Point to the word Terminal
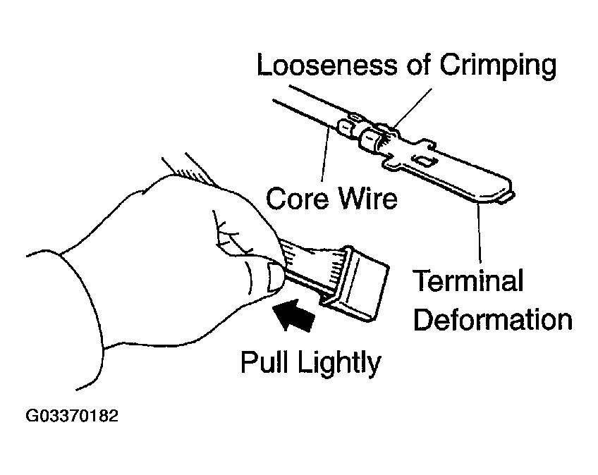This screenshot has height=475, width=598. point(468,281)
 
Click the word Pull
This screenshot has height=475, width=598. point(267,362)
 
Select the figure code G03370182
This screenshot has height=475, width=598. point(73,416)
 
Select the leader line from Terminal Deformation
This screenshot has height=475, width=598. point(480,233)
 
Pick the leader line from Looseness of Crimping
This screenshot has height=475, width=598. point(416,106)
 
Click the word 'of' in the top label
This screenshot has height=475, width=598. point(419,66)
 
